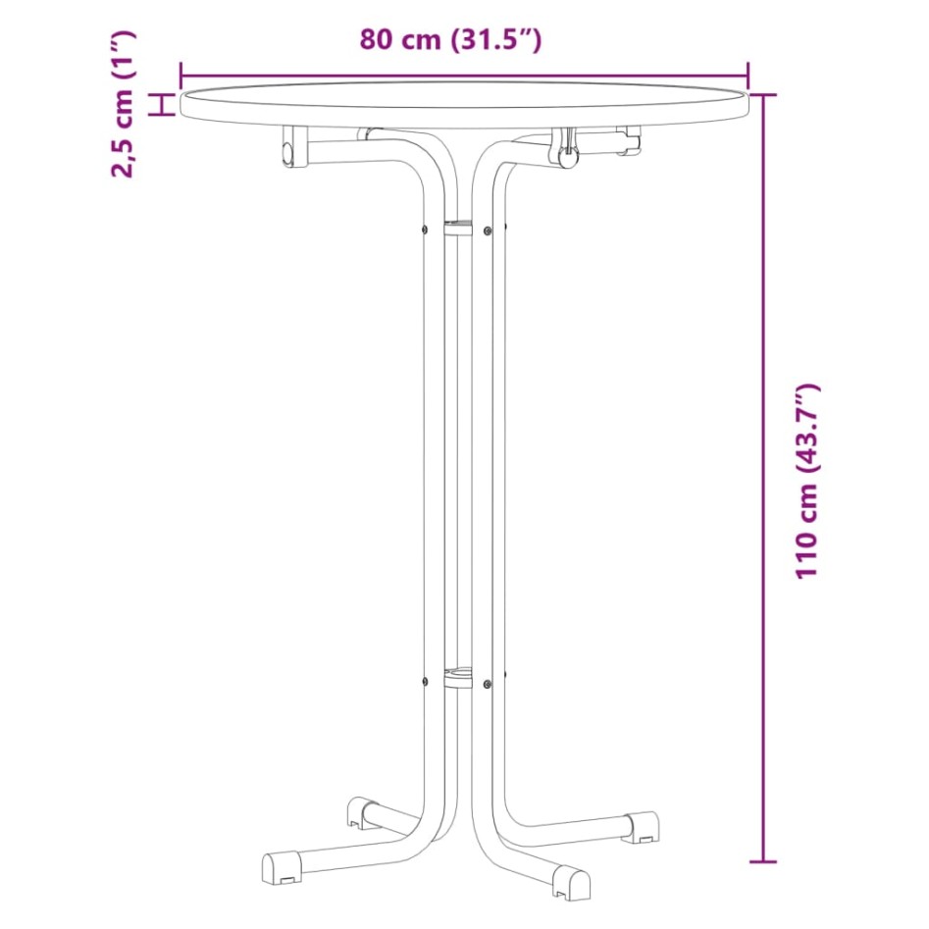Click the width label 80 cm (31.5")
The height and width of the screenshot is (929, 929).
(450, 40)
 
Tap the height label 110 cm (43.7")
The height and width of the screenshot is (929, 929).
(806, 481)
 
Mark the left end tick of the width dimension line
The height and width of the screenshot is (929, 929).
(181, 75)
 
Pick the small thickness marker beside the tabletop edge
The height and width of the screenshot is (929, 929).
(164, 104)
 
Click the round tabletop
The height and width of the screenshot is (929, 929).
(464, 102)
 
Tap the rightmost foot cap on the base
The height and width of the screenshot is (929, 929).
(644, 826)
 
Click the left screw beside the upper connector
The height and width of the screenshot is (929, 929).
(424, 231)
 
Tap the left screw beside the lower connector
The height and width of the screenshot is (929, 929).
(424, 683)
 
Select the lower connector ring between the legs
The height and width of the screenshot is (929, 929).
(457, 676)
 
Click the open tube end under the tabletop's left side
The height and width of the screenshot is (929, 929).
(287, 153)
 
